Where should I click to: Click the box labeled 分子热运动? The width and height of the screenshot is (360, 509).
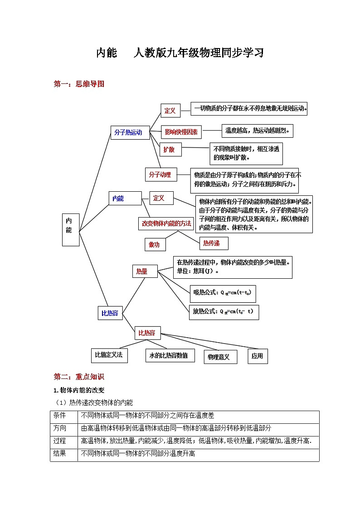[130, 132]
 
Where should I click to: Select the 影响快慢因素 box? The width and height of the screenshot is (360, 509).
[181, 132]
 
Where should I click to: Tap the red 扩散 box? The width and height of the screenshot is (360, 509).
[169, 149]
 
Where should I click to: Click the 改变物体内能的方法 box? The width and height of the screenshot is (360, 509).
[166, 223]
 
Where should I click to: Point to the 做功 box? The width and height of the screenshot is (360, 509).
[155, 244]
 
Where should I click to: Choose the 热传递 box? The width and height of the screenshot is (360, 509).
[212, 243]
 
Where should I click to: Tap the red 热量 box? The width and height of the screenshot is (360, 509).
[142, 271]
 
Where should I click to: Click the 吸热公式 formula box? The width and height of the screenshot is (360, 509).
[223, 293]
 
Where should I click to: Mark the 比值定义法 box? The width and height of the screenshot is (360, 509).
[109, 355]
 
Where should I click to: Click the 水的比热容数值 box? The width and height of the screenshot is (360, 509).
[170, 355]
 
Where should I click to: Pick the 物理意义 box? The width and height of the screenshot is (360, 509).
[219, 357]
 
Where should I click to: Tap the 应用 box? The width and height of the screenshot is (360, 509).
[257, 356]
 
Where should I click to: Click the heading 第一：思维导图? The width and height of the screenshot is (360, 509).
[79, 83]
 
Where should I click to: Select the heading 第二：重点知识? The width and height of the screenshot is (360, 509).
[79, 377]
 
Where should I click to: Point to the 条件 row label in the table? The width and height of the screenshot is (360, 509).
[60, 415]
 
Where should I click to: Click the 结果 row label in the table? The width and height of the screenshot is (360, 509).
[60, 453]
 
